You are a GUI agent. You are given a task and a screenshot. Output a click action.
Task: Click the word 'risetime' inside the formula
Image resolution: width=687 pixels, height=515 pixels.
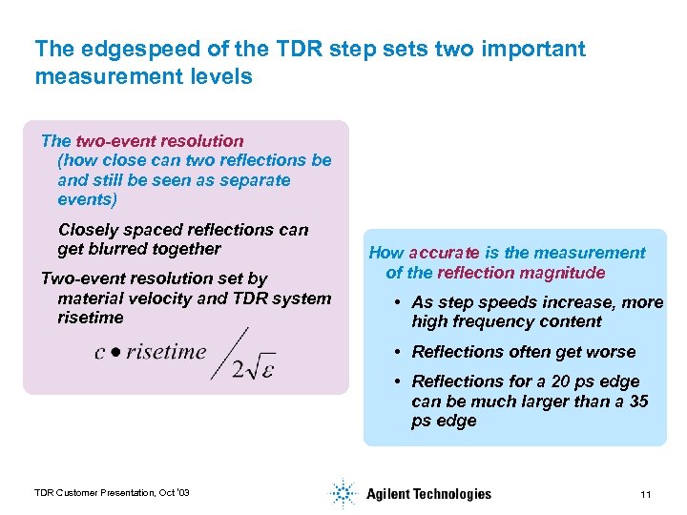click(166, 352)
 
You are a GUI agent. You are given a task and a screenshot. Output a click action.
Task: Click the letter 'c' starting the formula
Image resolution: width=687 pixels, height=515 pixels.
click(99, 353)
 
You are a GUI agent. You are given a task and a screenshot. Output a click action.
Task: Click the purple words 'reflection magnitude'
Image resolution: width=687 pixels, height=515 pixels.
click(521, 273)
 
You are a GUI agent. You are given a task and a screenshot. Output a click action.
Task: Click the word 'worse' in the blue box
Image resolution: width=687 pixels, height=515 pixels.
click(612, 352)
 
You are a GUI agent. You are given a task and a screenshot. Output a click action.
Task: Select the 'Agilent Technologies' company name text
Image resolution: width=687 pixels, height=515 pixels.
click(428, 494)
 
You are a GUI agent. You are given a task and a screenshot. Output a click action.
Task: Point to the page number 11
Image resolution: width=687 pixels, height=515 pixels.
click(646, 494)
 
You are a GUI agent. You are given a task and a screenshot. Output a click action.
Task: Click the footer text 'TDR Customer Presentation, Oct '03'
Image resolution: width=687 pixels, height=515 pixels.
click(112, 492)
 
